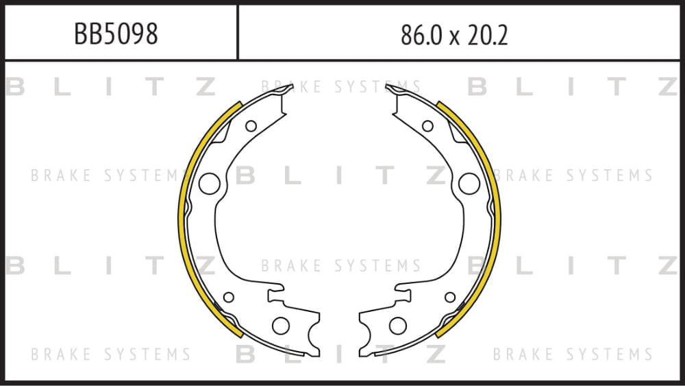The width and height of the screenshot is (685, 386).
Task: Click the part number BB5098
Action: pyautogui.click(x=116, y=34)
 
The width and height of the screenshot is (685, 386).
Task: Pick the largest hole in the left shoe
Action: pyautogui.click(x=209, y=184)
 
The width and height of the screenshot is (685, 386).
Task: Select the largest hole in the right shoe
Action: pyautogui.click(x=469, y=184)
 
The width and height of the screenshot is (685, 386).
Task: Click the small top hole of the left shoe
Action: pyautogui.click(x=251, y=126)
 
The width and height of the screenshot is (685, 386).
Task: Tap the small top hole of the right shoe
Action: pyautogui.click(x=427, y=126)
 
